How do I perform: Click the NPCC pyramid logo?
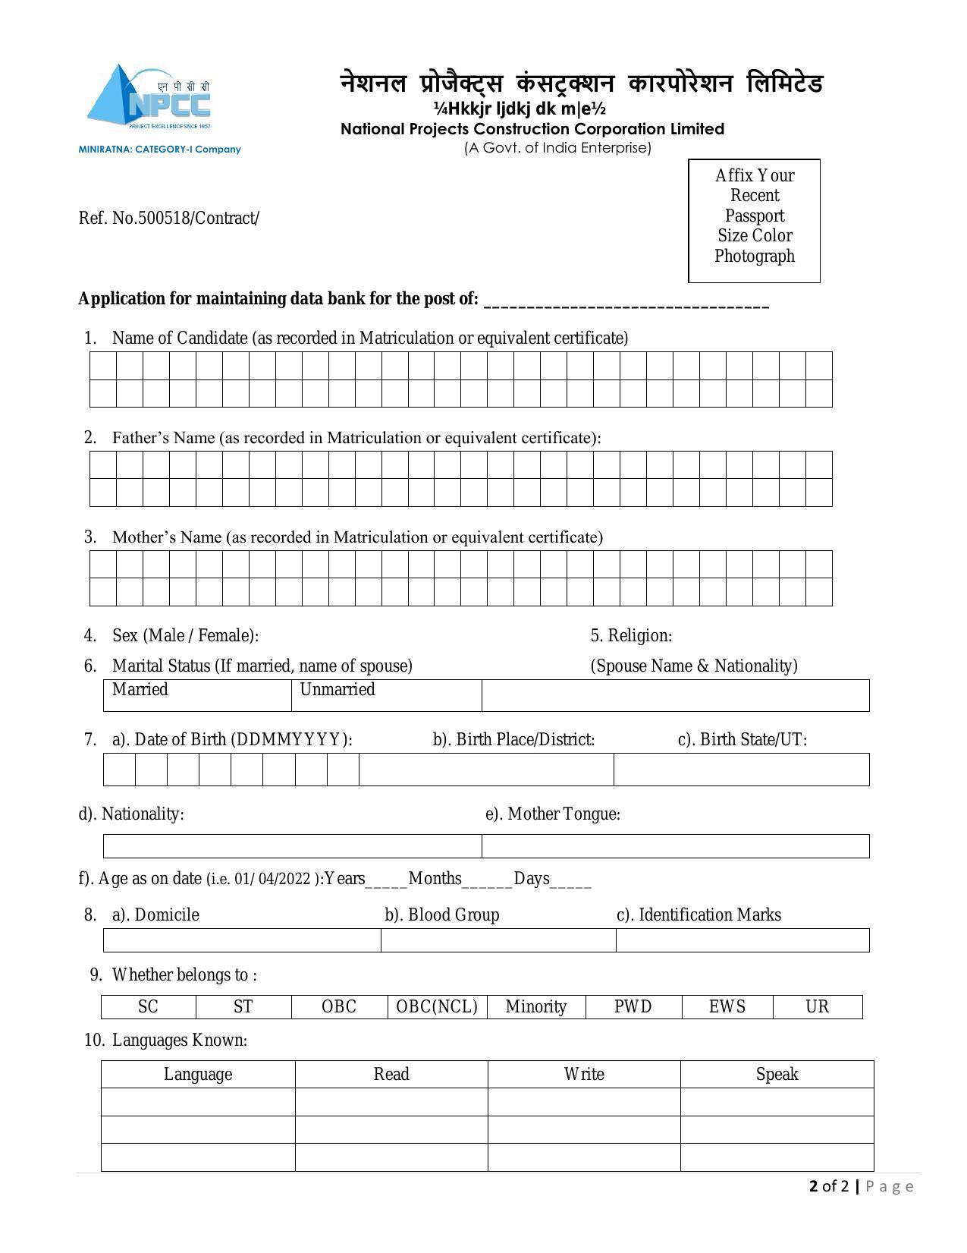[x=149, y=97]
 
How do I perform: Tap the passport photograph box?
[x=753, y=220]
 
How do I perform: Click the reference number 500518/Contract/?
[x=198, y=219]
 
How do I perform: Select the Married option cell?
[x=197, y=695]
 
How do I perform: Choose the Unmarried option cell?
[x=386, y=695]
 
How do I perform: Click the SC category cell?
[x=149, y=1007]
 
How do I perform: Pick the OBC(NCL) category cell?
[x=437, y=1007]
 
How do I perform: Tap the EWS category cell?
[x=727, y=1007]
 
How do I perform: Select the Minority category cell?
[x=535, y=1007]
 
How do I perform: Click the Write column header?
[x=584, y=1074]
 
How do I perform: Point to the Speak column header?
[x=777, y=1074]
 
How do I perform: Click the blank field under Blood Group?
[x=498, y=940]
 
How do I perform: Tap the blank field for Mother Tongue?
[x=675, y=846]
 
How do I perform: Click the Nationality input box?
[x=292, y=846]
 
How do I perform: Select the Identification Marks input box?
[x=742, y=940]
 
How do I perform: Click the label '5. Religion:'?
[x=631, y=636]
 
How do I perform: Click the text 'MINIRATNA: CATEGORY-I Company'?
[x=159, y=150]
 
